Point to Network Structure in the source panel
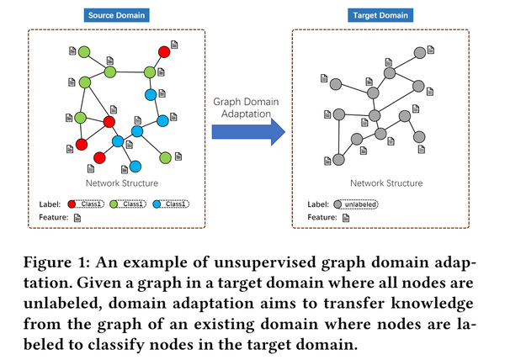[121, 183]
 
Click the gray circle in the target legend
[338, 204]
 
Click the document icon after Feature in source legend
[77, 218]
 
